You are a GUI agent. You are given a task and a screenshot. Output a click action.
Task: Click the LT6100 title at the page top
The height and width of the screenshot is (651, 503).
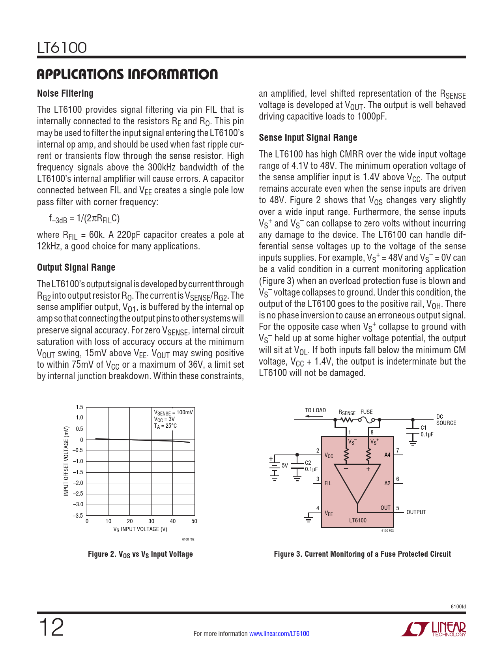62,48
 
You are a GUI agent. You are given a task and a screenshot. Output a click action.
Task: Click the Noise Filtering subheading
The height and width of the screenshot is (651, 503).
65,94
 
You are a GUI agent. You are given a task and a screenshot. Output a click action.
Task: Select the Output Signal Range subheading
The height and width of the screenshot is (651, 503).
76,268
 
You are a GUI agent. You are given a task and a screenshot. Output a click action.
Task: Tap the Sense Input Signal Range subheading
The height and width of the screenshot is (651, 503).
308,138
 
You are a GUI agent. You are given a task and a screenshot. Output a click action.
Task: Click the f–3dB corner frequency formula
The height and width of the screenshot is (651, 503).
84,219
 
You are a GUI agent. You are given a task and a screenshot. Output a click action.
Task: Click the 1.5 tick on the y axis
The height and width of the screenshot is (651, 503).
79,408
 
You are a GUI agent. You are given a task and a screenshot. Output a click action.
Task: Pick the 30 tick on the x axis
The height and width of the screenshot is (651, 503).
151,521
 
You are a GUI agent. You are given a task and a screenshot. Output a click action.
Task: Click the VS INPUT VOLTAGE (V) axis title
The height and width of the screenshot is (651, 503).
140,529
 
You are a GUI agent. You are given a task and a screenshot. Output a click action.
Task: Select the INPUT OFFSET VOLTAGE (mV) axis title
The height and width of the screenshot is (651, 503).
66,461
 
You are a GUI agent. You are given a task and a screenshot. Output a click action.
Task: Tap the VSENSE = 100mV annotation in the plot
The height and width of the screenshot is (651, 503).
173,413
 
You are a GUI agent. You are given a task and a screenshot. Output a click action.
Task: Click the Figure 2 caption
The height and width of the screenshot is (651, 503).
140,554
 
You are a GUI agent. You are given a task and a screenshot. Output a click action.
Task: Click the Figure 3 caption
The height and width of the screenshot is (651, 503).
362,554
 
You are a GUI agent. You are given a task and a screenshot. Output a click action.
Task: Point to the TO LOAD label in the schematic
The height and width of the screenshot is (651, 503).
315,410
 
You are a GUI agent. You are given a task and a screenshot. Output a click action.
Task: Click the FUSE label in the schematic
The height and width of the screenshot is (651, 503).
366,412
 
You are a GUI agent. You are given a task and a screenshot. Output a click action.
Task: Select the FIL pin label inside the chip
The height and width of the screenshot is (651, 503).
328,483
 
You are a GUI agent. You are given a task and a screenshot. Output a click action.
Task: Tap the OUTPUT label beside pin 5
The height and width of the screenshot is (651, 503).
416,512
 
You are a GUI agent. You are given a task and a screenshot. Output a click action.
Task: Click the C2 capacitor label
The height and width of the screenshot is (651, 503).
308,463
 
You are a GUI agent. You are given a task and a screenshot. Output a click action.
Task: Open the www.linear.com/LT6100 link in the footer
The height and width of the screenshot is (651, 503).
279,634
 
